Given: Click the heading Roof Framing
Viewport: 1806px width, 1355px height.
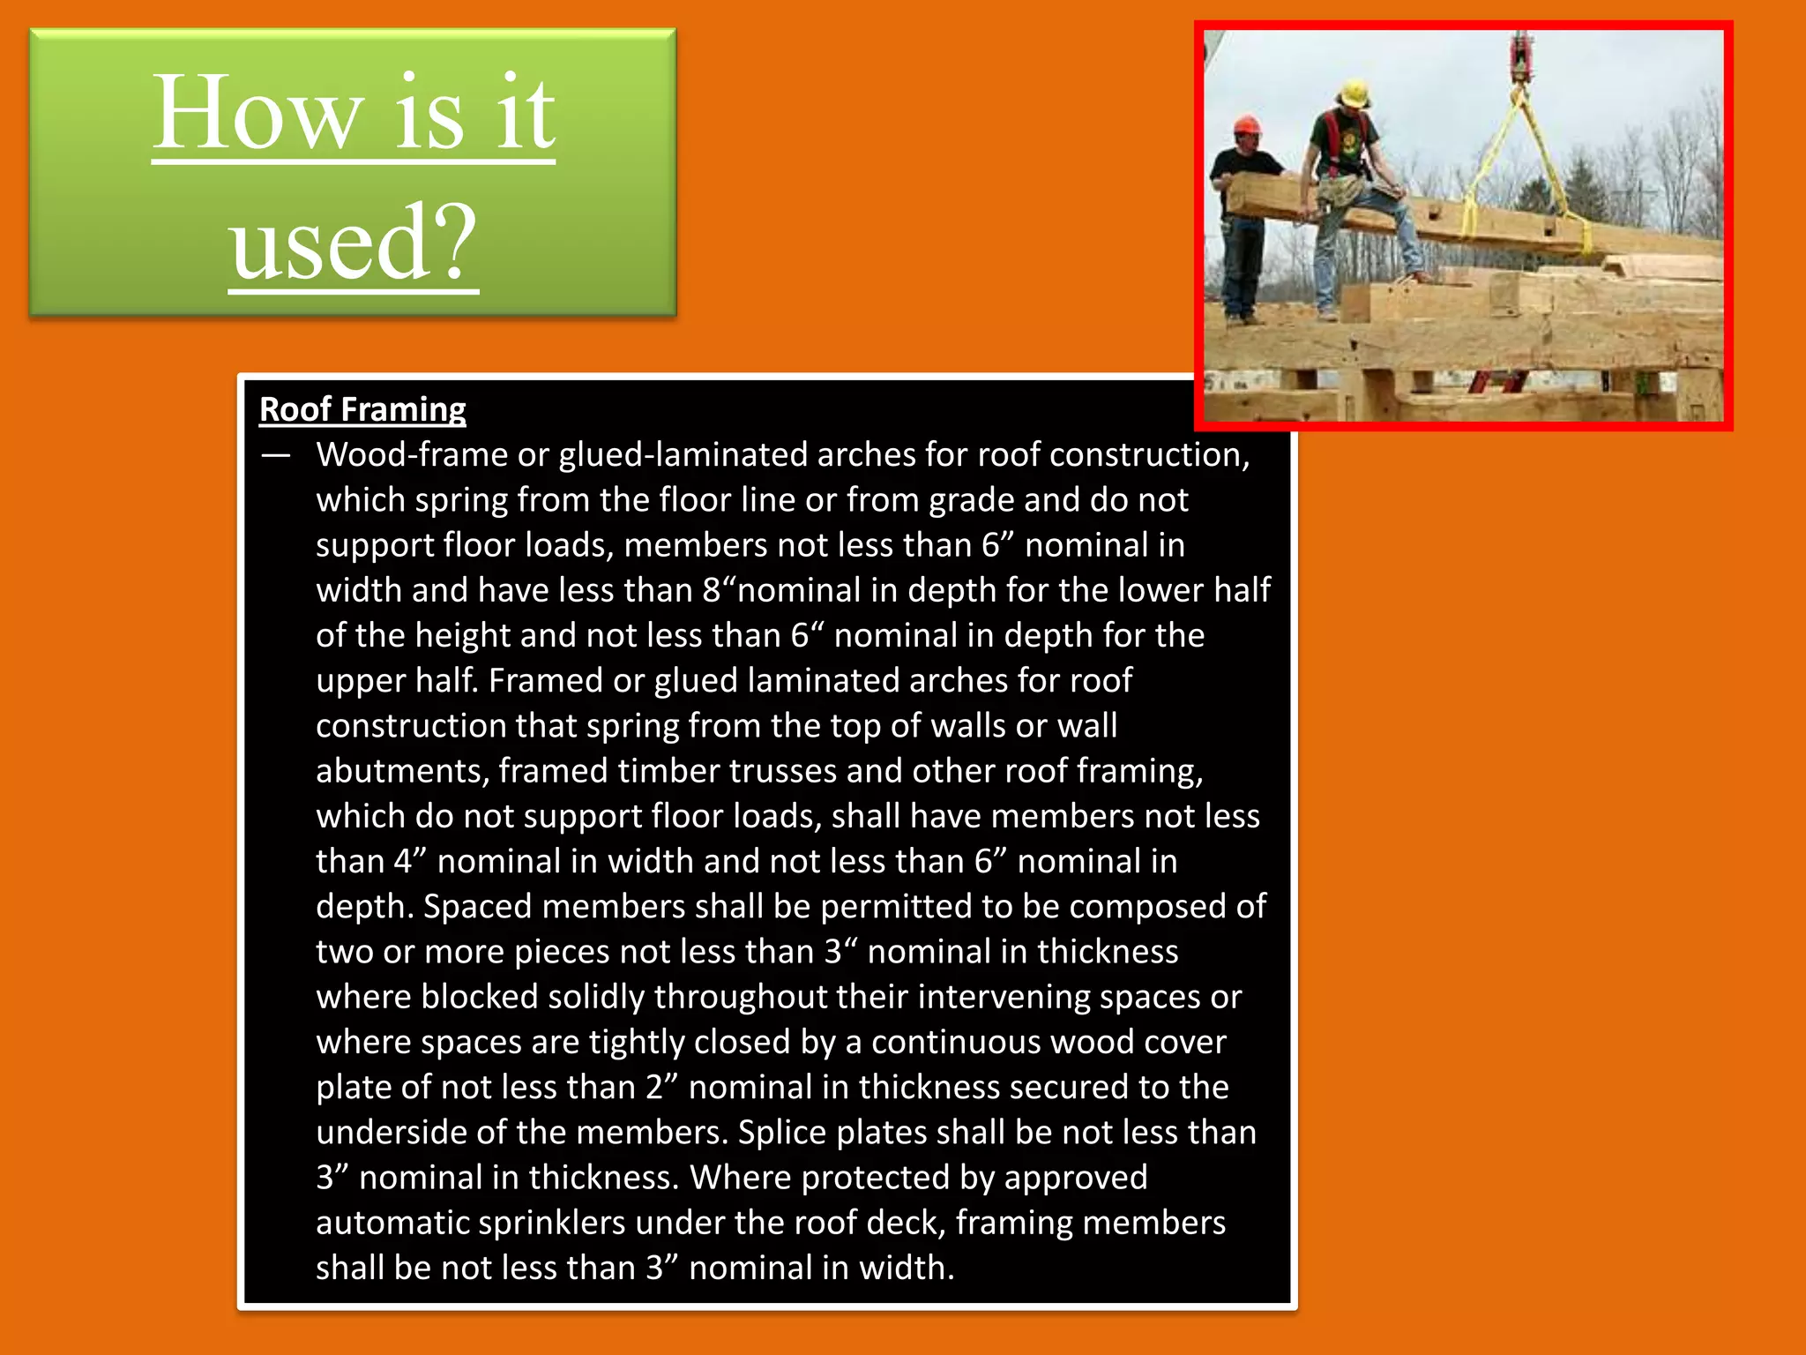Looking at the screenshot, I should point(362,409).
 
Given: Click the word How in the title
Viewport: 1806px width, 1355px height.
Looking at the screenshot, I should point(257,115).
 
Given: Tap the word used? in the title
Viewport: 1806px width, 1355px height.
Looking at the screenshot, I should point(354,243).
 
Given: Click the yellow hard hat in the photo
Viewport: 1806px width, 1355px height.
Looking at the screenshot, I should point(1354,93).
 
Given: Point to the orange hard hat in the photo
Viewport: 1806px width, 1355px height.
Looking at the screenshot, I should point(1246,125).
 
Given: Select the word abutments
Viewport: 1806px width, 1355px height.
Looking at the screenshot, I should point(402,771).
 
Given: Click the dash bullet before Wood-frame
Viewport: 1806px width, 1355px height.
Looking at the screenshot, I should point(276,455).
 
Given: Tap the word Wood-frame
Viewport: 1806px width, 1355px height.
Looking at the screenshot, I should point(411,454).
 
